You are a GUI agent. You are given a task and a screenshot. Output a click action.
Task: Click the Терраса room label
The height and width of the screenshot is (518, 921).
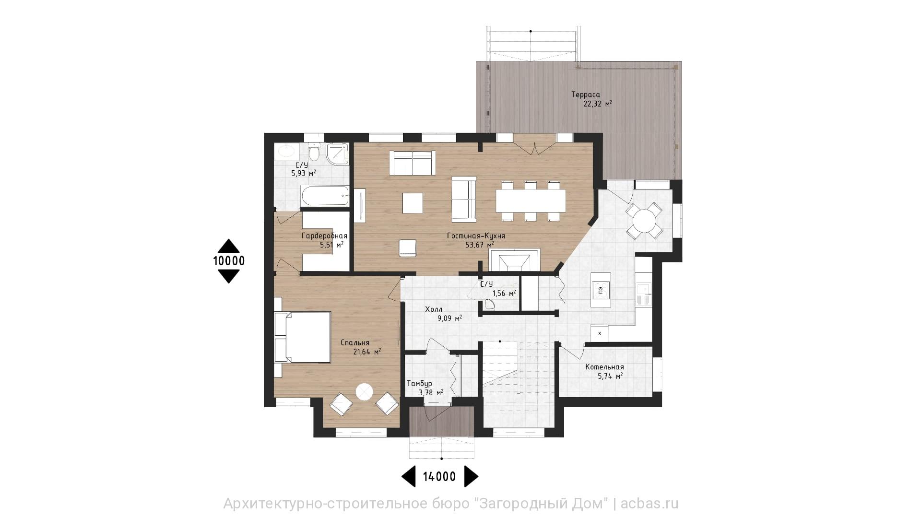[585, 94]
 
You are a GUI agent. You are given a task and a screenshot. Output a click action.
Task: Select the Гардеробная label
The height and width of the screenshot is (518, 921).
[324, 236]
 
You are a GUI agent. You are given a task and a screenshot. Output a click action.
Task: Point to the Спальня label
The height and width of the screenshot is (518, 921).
[355, 342]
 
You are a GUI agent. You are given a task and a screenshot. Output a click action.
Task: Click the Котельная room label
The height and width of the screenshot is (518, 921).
[604, 367]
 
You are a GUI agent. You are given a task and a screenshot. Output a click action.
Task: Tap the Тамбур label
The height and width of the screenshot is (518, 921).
[419, 384]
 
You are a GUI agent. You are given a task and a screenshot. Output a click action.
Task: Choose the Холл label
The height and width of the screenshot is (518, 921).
[434, 309]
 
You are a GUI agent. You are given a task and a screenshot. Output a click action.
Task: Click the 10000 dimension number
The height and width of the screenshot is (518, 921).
[229, 261]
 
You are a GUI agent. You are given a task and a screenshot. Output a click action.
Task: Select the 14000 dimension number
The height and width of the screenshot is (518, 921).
[439, 476]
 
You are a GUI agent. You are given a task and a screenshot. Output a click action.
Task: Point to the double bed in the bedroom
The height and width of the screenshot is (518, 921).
[302, 337]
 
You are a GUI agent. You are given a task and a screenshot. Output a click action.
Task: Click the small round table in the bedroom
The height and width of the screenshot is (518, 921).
[364, 392]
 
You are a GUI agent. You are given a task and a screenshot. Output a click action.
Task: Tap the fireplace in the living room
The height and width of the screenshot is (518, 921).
[514, 260]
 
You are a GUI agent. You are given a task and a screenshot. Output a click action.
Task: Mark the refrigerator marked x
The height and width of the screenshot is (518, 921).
[600, 332]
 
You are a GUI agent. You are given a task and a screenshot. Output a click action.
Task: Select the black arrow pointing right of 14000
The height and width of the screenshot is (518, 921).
[472, 476]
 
